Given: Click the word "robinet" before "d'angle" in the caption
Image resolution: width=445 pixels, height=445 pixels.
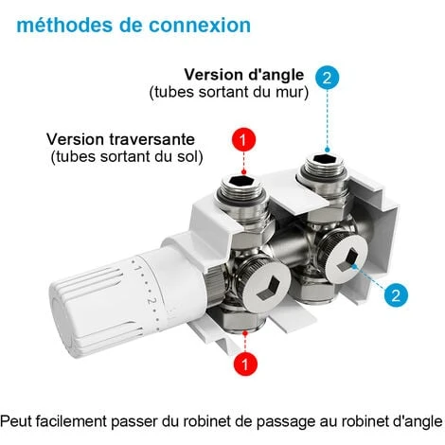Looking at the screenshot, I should [344, 419].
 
